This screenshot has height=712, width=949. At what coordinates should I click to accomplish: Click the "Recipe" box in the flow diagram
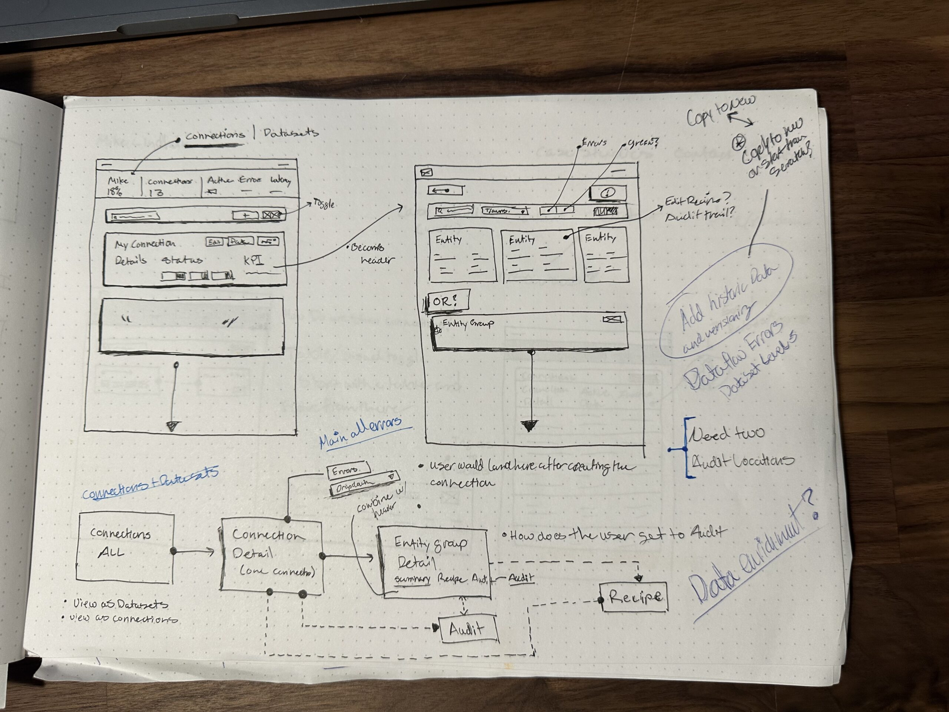click(x=635, y=597)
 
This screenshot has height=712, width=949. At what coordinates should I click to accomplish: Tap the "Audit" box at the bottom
click(x=467, y=629)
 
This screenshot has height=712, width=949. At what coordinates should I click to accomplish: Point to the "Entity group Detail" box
click(x=433, y=561)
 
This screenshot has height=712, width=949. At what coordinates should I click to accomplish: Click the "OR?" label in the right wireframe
click(x=446, y=301)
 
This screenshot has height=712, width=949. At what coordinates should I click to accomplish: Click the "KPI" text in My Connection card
click(x=254, y=260)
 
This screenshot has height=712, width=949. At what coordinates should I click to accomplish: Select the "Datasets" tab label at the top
click(x=291, y=133)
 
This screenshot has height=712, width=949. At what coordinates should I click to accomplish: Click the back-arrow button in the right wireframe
click(x=445, y=190)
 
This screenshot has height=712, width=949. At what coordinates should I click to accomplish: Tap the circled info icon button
click(x=608, y=193)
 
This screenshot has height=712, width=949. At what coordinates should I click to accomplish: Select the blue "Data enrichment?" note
click(x=751, y=554)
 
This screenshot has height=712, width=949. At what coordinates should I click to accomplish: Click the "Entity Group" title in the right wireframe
click(x=467, y=323)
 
